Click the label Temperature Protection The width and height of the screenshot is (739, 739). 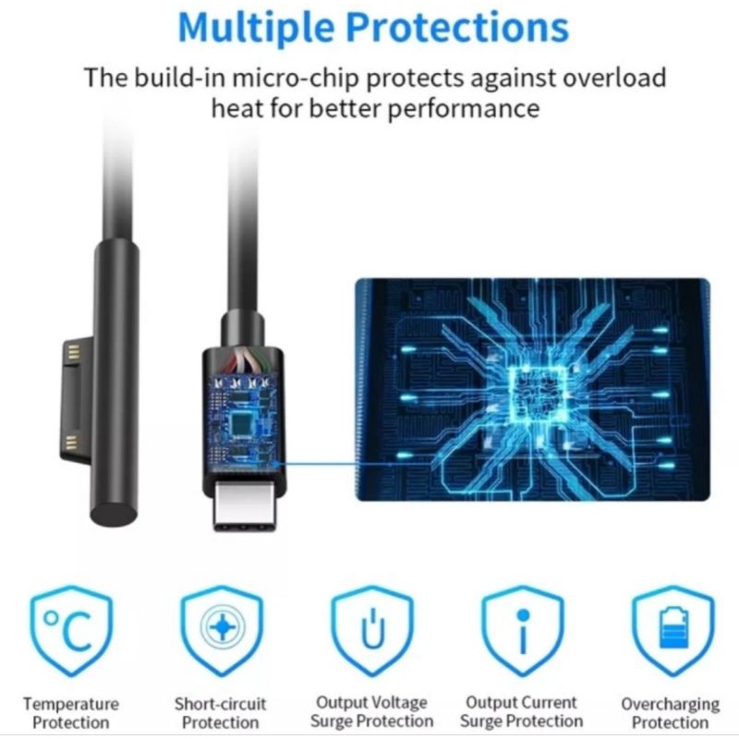[70, 712]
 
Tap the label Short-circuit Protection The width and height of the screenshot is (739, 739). [221, 712]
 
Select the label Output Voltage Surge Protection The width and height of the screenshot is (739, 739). [372, 711]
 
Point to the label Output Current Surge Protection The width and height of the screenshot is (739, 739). [523, 711]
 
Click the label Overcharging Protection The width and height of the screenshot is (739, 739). [671, 712]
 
